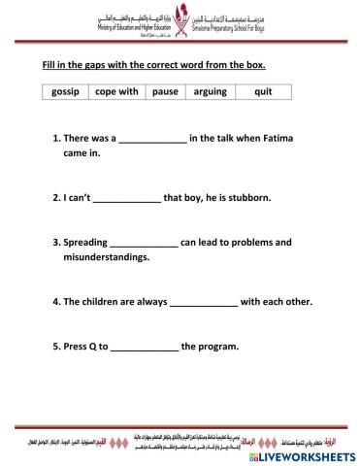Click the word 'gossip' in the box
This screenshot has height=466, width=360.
(67, 92)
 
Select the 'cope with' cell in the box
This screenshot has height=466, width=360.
(117, 92)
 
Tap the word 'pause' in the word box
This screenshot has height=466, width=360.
(164, 92)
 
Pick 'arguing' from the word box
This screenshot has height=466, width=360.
(211, 92)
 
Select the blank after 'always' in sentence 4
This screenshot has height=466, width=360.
(203, 302)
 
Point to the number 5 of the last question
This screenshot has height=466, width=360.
(54, 346)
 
